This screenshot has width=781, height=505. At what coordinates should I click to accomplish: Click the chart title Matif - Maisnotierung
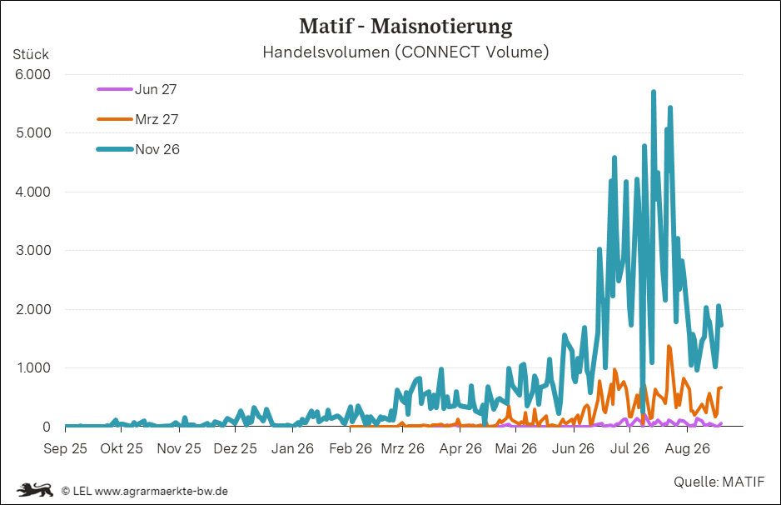(405, 27)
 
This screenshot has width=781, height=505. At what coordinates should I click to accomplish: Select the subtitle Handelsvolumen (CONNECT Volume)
(405, 52)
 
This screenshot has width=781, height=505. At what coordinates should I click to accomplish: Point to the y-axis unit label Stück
(31, 54)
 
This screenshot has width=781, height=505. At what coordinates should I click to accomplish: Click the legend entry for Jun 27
(137, 89)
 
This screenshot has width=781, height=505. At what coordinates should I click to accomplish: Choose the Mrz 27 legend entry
(137, 119)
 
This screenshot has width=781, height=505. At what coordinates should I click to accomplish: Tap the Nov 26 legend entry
(138, 149)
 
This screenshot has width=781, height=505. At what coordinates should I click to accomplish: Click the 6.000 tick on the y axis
(32, 74)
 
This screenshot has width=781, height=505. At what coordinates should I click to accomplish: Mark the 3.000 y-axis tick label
(32, 250)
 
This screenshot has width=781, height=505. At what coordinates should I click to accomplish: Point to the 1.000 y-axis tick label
(32, 367)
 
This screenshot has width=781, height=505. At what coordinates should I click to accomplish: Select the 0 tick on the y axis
(47, 427)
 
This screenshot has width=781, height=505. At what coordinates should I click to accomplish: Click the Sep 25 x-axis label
(65, 448)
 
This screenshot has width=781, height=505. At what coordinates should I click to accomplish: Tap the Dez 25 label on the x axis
(235, 448)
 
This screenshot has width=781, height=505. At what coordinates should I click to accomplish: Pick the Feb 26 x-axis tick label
(351, 448)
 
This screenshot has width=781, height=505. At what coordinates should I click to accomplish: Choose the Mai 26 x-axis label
(516, 448)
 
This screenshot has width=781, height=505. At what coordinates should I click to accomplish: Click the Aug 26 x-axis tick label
(688, 448)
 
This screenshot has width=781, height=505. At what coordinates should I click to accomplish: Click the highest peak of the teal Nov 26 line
(654, 91)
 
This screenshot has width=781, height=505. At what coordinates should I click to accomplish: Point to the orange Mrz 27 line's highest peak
(669, 347)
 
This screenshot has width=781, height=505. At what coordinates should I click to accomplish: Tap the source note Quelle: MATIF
(719, 482)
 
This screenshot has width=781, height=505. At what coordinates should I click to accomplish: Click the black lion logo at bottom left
(35, 489)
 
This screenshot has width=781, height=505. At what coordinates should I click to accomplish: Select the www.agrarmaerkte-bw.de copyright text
(162, 491)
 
